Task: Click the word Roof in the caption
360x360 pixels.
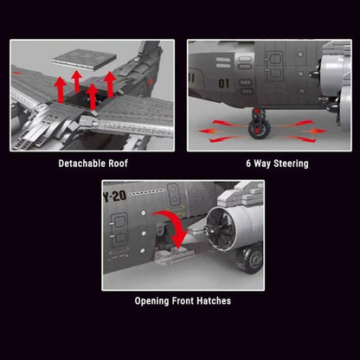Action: pos(121,163)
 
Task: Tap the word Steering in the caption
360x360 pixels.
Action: pos(286,163)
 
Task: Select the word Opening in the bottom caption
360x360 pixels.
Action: pos(157,301)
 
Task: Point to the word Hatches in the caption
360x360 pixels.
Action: pos(213,301)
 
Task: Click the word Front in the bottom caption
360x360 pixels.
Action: pos(185,301)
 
